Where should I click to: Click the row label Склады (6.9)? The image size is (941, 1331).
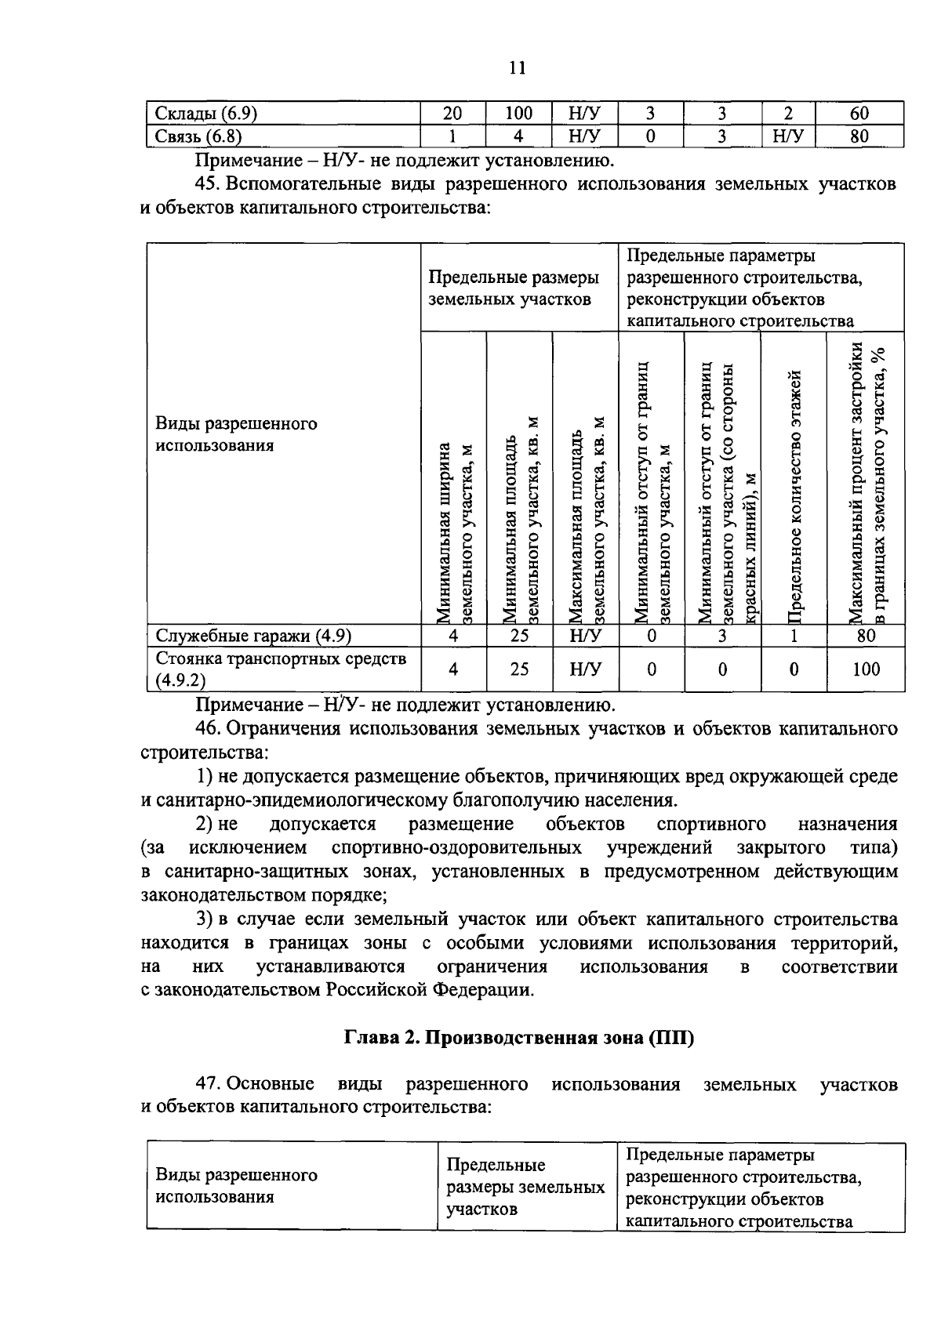(x=203, y=113)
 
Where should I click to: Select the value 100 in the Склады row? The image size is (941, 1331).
(x=518, y=113)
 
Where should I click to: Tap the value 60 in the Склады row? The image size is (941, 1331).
(x=859, y=113)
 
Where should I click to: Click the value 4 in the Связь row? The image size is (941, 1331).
(x=518, y=136)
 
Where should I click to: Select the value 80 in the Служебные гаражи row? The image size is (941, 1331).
(x=866, y=636)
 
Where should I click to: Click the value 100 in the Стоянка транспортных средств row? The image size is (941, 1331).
(x=866, y=669)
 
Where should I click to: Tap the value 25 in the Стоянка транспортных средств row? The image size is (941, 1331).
(x=519, y=669)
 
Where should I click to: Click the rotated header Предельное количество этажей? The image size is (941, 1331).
(x=794, y=494)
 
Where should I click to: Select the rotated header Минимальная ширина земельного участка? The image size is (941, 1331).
(x=455, y=533)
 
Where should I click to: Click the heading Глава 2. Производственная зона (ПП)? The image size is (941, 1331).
(x=519, y=1038)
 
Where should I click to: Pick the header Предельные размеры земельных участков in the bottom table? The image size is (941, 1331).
(x=525, y=1187)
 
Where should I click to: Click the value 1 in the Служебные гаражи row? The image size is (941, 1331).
(x=794, y=636)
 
